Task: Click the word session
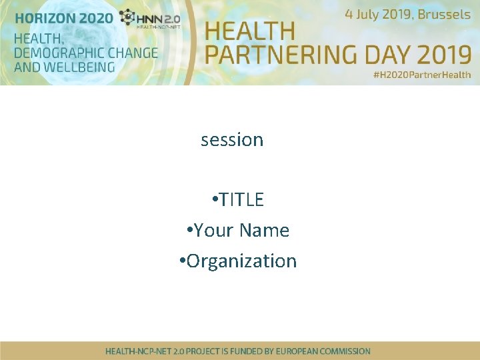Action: pyautogui.click(x=232, y=140)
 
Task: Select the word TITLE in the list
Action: pyautogui.click(x=241, y=199)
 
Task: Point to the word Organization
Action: pyautogui.click(x=241, y=261)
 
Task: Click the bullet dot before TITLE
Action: pyautogui.click(x=213, y=199)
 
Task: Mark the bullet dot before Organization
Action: pyautogui.click(x=182, y=260)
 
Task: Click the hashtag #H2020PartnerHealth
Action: pyautogui.click(x=421, y=75)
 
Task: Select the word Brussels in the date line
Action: pyautogui.click(x=444, y=14)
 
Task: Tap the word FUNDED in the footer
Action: pyautogui.click(x=246, y=351)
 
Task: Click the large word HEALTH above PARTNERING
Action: pyautogui.click(x=250, y=31)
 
